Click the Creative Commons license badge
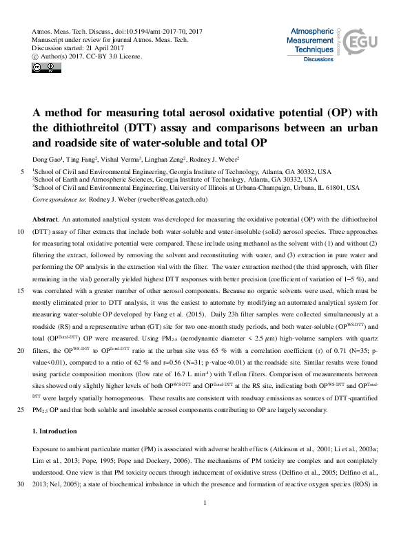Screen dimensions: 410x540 [x=41, y=67]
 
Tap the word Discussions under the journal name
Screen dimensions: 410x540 [x=318, y=61]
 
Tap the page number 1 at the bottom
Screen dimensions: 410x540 [x=205, y=523]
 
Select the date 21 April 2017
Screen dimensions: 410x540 [x=101, y=48]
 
